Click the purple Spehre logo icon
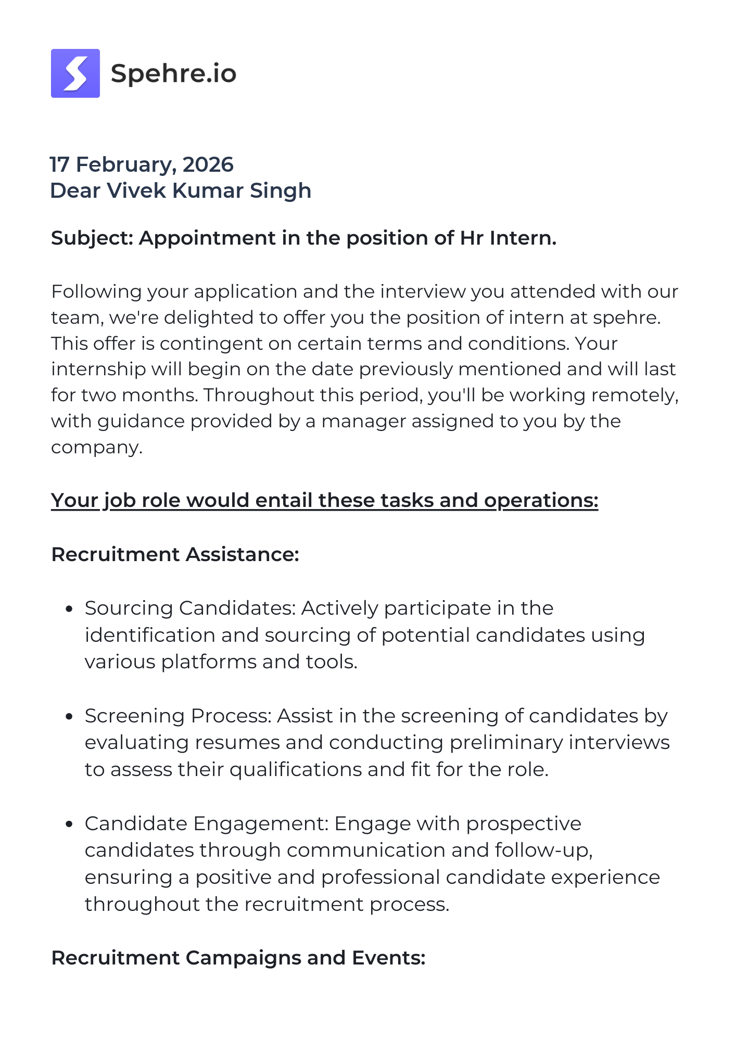75,73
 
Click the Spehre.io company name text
173,73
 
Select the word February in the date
123,164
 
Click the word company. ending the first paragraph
96,447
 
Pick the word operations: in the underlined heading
541,500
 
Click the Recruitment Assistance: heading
175,554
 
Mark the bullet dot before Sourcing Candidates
69,609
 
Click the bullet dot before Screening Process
69,717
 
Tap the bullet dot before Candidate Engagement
69,824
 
